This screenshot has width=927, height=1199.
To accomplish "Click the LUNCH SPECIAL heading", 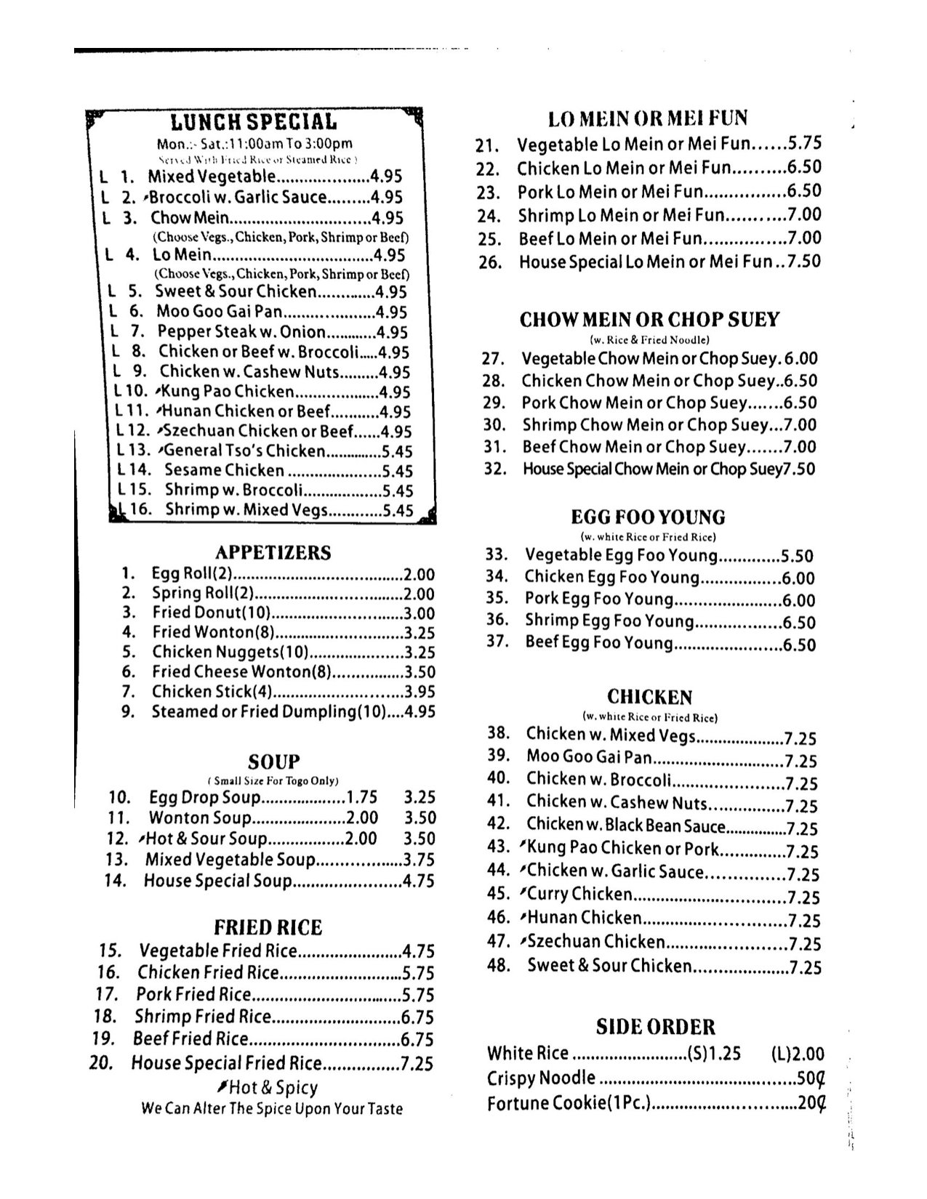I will [x=254, y=122].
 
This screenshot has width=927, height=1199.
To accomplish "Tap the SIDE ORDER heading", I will [x=655, y=1027].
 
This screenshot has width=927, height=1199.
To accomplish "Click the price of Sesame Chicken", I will [x=398, y=471].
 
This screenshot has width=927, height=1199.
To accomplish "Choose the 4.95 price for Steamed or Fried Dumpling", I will [x=420, y=712].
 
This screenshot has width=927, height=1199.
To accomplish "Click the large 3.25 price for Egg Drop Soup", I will [x=420, y=797].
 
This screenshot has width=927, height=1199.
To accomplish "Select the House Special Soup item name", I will [x=217, y=881].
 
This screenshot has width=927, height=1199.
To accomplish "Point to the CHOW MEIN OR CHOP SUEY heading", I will [x=649, y=320].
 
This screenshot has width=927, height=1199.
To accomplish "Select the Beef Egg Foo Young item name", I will [x=599, y=643].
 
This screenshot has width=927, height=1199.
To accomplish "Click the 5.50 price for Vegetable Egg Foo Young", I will [x=797, y=557].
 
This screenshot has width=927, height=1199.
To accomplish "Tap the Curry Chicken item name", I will [x=579, y=894].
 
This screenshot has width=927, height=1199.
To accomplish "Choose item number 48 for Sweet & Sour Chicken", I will [x=497, y=966].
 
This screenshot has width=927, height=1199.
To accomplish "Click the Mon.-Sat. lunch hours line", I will [x=254, y=144].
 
